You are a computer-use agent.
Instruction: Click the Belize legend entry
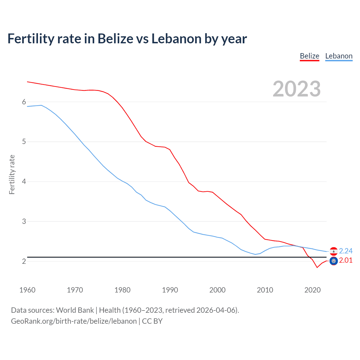pyautogui.click(x=309, y=56)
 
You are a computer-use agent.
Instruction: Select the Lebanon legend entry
pyautogui.click(x=339, y=56)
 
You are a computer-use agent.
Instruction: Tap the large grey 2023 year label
pyautogui.click(x=297, y=89)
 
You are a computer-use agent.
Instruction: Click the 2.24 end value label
pyautogui.click(x=346, y=251)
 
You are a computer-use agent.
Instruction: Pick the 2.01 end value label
pyautogui.click(x=346, y=260)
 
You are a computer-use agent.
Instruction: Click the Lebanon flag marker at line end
pyautogui.click(x=334, y=251)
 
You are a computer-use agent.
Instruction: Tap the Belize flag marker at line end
pyautogui.click(x=334, y=261)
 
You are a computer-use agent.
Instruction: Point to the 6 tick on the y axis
pyautogui.click(x=24, y=102)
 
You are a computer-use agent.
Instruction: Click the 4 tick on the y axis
pyautogui.click(x=24, y=181)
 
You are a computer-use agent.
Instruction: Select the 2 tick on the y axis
pyautogui.click(x=24, y=261)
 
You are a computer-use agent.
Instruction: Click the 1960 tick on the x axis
pyautogui.click(x=27, y=290)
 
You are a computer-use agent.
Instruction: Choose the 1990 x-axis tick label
pyautogui.click(x=170, y=290)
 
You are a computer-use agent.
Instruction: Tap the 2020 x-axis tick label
pyautogui.click(x=312, y=290)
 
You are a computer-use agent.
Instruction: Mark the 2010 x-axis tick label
pyautogui.click(x=265, y=290)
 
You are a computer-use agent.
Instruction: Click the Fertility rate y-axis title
pyautogui.click(x=12, y=174)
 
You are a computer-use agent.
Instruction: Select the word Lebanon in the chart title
pyautogui.click(x=176, y=39)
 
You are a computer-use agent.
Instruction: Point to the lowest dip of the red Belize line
pyautogui.click(x=317, y=267)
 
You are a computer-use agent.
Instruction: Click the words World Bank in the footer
pyautogui.click(x=75, y=310)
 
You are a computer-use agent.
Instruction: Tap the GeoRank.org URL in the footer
pyautogui.click(x=74, y=321)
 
